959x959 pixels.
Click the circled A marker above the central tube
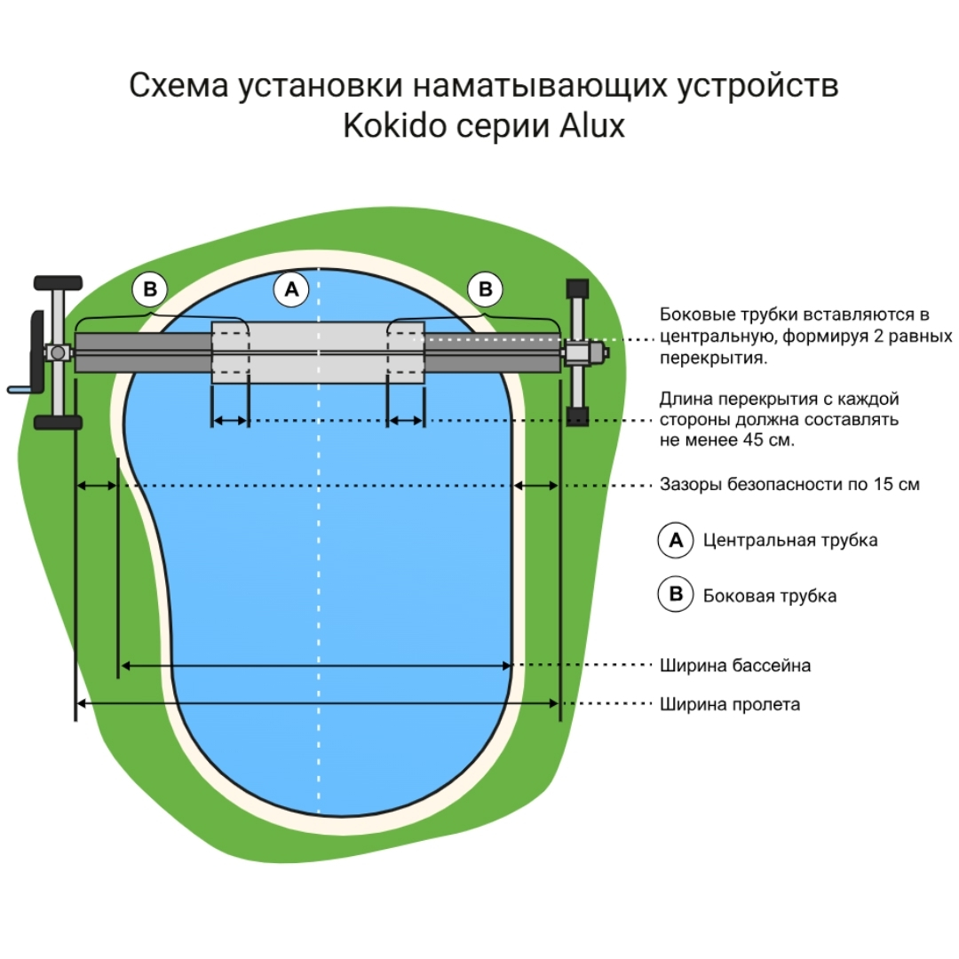coord(291,289)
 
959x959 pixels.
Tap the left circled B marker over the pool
coord(150,289)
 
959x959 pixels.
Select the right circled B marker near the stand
coord(485,289)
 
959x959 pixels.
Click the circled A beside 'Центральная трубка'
coord(675,540)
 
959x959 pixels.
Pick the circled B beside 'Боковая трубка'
coord(675,595)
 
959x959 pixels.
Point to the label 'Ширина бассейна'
coord(734,665)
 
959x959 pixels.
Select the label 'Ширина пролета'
coord(729,704)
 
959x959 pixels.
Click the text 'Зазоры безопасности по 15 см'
coord(789,485)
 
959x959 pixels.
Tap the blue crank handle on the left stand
coord(21,388)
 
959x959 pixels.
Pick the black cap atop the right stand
coord(578,289)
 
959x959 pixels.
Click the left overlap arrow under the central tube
coord(230,421)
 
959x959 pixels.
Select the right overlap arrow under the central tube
coord(406,421)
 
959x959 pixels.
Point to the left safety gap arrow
coord(96,485)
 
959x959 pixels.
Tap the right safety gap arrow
coord(537,485)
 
